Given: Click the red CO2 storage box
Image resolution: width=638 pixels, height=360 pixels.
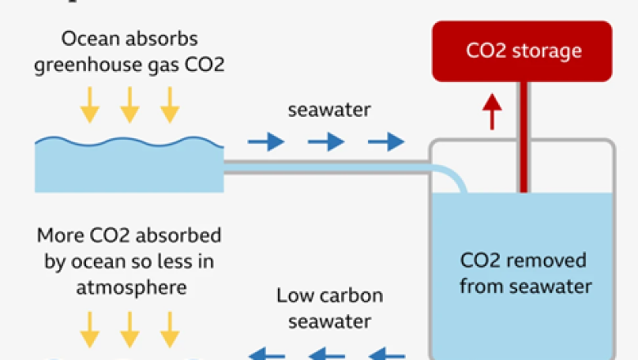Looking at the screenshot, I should [522, 51].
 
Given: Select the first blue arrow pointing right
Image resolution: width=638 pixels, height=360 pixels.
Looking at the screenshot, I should [266, 142].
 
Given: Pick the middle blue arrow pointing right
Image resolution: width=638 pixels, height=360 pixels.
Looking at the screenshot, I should [326, 142].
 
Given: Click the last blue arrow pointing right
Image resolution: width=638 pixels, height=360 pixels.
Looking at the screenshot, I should [385, 142].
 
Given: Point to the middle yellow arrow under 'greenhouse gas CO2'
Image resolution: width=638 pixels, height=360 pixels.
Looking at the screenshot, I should [129, 105].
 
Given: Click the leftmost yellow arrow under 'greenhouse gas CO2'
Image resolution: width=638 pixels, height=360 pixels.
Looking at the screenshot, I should [89, 105].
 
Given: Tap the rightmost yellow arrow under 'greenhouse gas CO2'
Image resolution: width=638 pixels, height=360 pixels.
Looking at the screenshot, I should [169, 105].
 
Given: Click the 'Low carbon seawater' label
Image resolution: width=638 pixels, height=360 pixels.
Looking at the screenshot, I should [329, 306].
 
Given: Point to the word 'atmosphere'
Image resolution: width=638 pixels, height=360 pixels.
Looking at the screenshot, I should [129, 287].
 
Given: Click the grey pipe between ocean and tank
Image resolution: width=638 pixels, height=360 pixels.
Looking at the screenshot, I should [327, 167].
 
